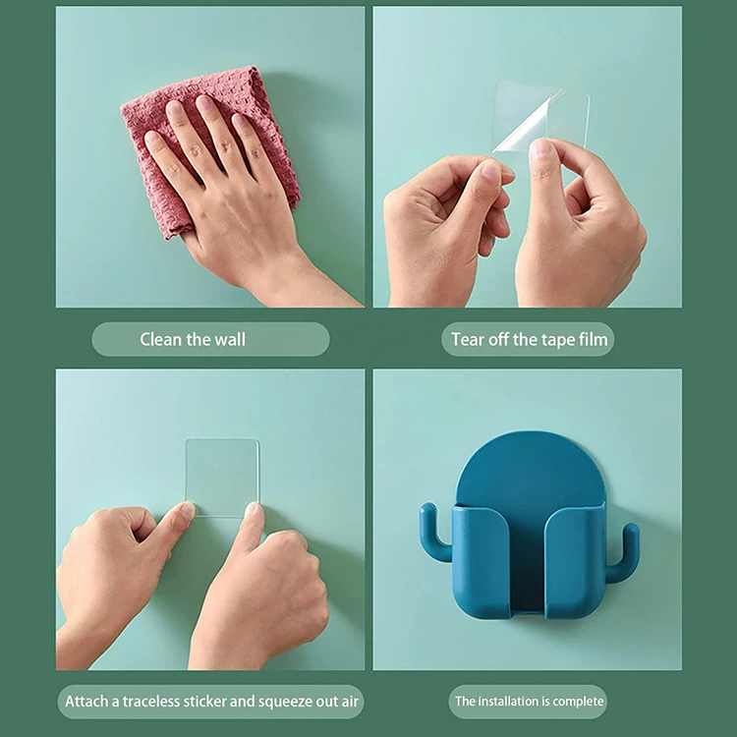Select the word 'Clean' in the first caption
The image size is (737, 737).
pyautogui.click(x=160, y=340)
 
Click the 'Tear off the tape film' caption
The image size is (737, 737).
pyautogui.click(x=530, y=340)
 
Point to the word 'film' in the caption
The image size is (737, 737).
pyautogui.click(x=593, y=340)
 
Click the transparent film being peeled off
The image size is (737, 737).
pyautogui.click(x=545, y=116)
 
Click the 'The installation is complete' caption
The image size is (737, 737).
pyautogui.click(x=528, y=702)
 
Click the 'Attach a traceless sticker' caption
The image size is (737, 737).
pyautogui.click(x=213, y=702)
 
